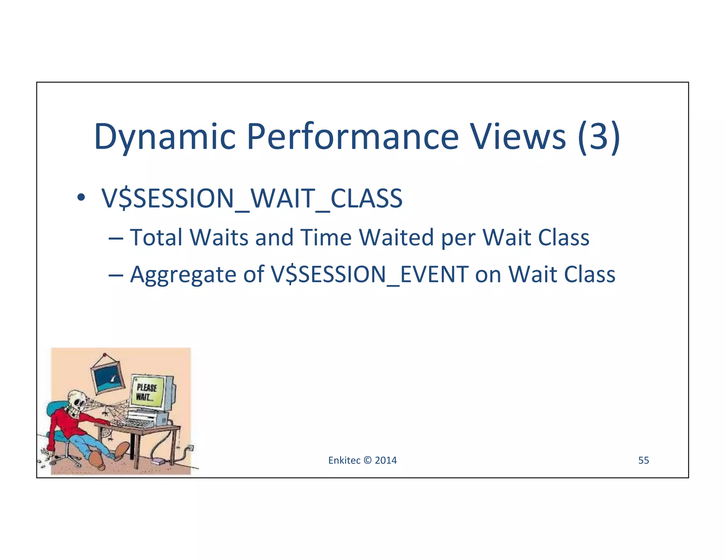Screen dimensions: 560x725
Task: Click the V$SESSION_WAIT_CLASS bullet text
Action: [x=252, y=198]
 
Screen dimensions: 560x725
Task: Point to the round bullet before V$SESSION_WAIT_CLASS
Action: [x=81, y=198]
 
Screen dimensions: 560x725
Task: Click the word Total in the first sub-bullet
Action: [x=156, y=237]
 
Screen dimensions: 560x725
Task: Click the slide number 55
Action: [x=643, y=460]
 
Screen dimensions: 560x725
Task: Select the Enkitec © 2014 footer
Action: [x=362, y=460]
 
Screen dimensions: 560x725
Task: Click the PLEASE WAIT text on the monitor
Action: [x=146, y=392]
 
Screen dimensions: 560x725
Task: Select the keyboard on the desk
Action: [x=136, y=423]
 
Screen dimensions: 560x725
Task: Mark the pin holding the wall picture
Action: [x=104, y=354]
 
